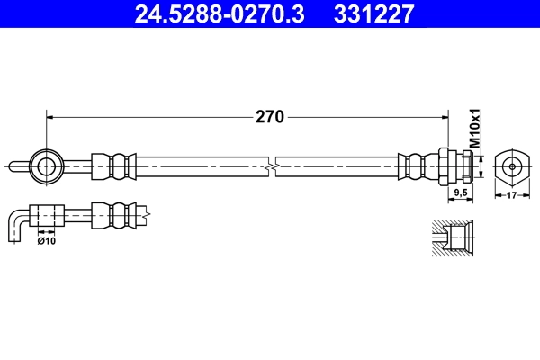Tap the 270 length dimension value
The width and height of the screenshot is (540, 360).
coord(270,116)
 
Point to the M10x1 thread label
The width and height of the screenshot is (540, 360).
coord(477,130)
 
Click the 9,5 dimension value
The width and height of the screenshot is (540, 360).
coord(460,193)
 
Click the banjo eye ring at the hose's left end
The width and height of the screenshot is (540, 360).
coord(45,165)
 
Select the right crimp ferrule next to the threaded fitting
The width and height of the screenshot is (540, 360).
coord(416,166)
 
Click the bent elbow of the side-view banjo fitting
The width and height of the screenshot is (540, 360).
coord(16,221)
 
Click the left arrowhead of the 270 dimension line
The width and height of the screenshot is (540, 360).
coord(51,116)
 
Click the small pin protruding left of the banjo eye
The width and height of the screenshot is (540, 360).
coord(18,165)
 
